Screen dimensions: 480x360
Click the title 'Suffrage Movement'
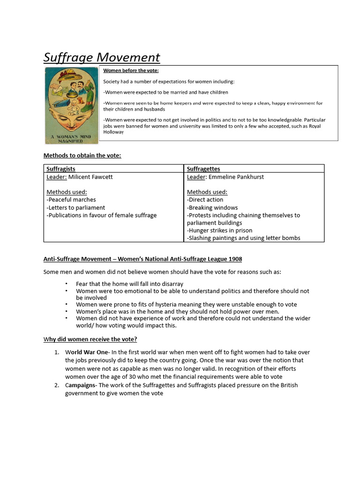(102, 57)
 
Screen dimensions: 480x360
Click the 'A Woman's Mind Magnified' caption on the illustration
(71, 138)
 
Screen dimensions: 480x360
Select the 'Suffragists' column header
(61, 169)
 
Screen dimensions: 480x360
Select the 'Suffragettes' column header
(203, 169)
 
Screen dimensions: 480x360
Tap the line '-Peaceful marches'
(71, 200)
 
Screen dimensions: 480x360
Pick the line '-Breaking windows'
(212, 208)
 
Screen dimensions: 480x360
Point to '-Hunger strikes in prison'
(219, 231)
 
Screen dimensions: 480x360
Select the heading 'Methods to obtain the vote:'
(82, 156)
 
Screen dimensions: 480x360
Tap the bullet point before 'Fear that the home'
(67, 284)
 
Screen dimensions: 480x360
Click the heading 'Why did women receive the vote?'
(90, 339)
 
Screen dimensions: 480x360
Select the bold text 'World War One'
(87, 352)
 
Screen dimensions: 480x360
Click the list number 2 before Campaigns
(56, 385)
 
